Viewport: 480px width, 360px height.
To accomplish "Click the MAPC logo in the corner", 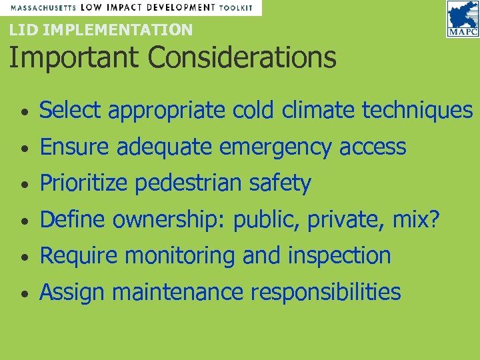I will pos(462,19).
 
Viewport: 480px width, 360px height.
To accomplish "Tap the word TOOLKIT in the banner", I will pos(237,8).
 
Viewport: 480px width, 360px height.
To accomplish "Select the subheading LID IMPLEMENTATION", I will pos(101,29).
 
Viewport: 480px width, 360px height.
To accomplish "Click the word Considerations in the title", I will pos(242,57).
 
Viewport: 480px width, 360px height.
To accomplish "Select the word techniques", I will pos(417,110).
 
